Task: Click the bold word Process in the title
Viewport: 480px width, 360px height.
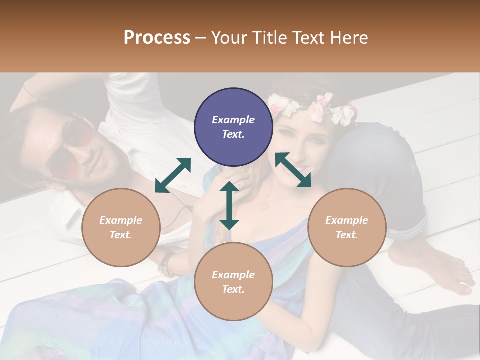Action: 157,38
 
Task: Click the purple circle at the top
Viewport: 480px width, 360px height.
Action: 233,127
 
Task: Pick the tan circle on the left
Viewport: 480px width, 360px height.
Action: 121,227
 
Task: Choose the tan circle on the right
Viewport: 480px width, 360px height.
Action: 347,227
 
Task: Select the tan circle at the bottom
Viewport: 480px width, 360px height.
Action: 233,282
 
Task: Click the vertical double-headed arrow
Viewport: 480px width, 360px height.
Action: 229,206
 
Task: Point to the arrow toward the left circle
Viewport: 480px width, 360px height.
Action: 173,175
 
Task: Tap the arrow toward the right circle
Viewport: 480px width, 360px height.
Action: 293,170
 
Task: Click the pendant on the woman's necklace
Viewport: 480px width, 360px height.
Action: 265,205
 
